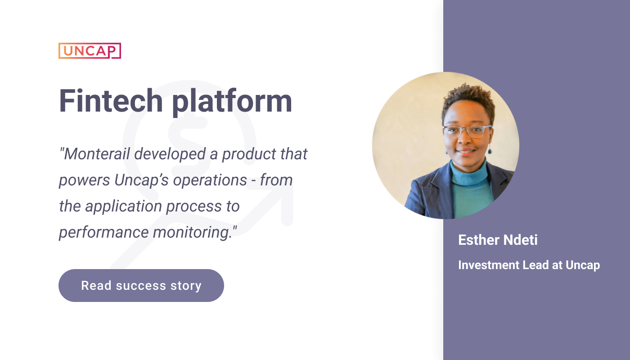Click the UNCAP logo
pyautogui.click(x=90, y=50)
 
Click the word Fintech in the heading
pyautogui.click(x=111, y=101)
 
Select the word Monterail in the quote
pyautogui.click(x=97, y=154)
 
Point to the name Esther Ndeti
pyautogui.click(x=498, y=240)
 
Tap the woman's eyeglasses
pyautogui.click(x=467, y=131)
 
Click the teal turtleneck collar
pyautogui.click(x=469, y=172)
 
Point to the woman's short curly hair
pyautogui.click(x=468, y=100)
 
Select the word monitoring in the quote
pyautogui.click(x=193, y=233)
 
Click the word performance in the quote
pyautogui.click(x=103, y=233)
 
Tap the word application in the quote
pyautogui.click(x=123, y=207)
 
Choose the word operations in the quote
pyautogui.click(x=210, y=180)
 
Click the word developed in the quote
pyautogui.click(x=170, y=154)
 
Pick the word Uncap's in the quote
pyautogui.click(x=141, y=180)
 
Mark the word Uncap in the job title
pyautogui.click(x=583, y=265)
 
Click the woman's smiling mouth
pyautogui.click(x=466, y=152)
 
